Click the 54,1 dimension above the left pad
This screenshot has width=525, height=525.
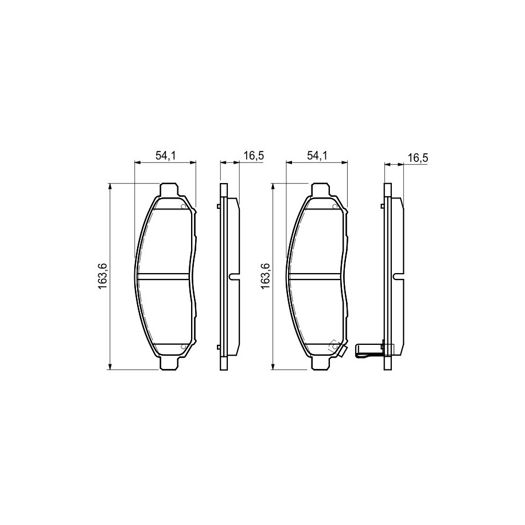[x=166, y=155]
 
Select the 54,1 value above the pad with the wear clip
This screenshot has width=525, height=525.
[x=317, y=155]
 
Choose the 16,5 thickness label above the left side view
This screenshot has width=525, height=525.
[x=254, y=155]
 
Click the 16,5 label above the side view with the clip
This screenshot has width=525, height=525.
[x=418, y=158]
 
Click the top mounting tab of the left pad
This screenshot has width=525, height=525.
[x=169, y=189]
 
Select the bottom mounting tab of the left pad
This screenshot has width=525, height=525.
[x=169, y=363]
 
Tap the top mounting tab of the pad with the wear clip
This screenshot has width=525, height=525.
[x=320, y=189]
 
